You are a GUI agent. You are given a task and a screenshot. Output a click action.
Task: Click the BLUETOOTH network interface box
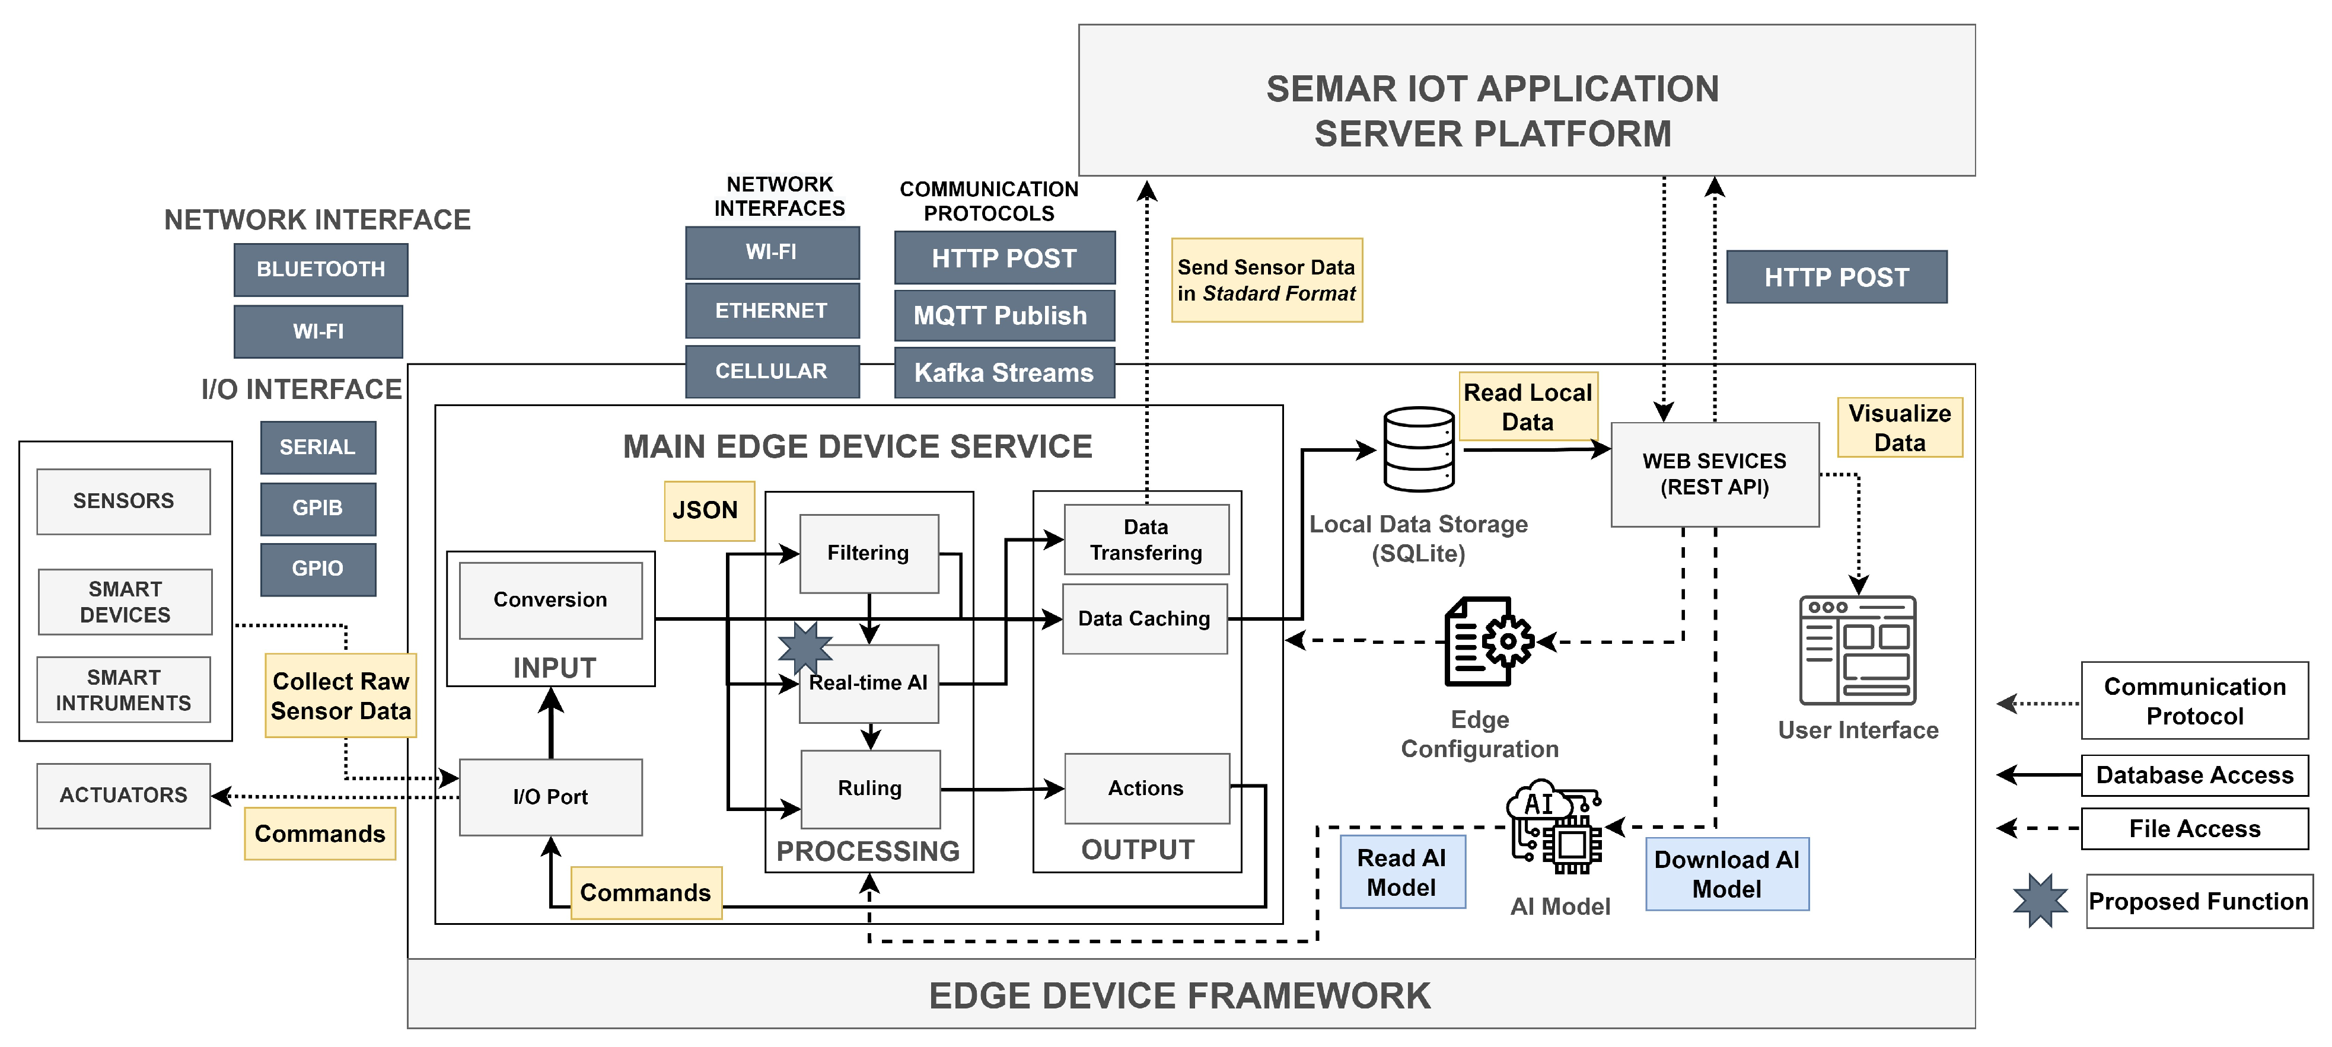[320, 270]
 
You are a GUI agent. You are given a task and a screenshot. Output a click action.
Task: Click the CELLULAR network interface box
[771, 371]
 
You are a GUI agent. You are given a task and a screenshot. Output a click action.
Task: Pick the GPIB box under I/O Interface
[318, 507]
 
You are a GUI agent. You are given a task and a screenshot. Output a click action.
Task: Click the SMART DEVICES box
[125, 602]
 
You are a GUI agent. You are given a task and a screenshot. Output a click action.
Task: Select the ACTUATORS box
[124, 796]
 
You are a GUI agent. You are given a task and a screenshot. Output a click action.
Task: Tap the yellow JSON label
[708, 510]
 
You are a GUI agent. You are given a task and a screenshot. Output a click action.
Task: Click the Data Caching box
[1144, 619]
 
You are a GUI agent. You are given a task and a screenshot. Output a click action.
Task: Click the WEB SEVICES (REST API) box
[1715, 474]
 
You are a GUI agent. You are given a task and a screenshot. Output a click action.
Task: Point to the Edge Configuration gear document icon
[1487, 641]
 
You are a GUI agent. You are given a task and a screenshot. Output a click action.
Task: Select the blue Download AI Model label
[1726, 874]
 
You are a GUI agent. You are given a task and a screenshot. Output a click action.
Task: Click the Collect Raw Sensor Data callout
[340, 696]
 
